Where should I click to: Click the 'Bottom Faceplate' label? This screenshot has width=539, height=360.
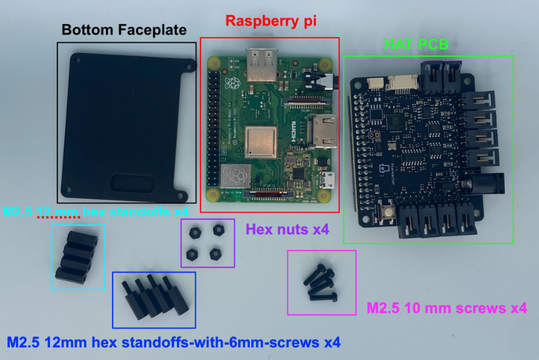(124, 30)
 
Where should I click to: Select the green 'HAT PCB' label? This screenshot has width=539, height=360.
(416, 45)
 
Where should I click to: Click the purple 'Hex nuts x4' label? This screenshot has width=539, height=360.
(287, 230)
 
